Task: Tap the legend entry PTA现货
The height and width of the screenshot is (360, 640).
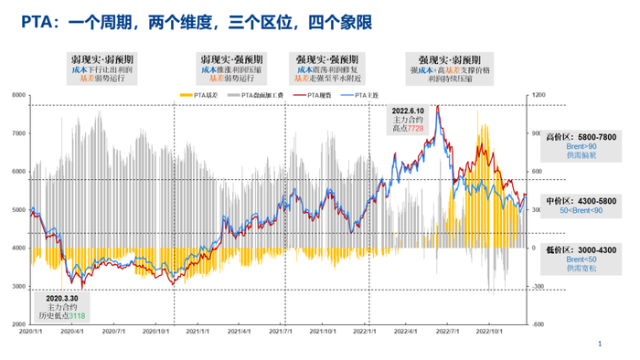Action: point(318,95)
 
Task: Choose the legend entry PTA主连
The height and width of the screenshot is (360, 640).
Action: point(365,95)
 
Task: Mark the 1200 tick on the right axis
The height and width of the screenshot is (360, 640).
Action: point(539,95)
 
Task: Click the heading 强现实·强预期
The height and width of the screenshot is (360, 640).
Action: point(328,57)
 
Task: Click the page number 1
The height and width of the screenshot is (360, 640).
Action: point(599,344)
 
